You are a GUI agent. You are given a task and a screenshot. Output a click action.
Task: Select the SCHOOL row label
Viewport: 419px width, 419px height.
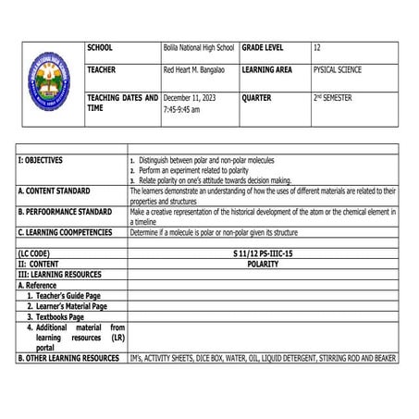coord(103,47)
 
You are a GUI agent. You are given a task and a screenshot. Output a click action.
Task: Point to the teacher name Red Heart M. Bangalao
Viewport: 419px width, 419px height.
coord(196,69)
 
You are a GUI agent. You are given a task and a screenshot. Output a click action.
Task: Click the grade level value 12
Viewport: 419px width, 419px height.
coord(317,47)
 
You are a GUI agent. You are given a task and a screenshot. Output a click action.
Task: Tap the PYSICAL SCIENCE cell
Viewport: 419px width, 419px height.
coord(338,69)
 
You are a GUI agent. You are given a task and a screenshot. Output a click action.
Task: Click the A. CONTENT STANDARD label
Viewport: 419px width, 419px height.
coord(55,191)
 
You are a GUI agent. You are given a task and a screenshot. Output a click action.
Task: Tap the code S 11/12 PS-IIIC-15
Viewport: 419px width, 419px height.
coord(264,253)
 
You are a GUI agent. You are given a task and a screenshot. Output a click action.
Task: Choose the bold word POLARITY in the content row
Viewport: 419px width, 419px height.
coord(263,264)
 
